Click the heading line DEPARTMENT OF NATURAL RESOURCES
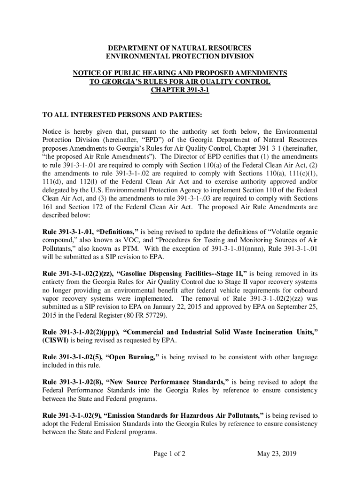pyautogui.click(x=180, y=48)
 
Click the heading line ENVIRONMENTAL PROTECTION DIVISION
pyautogui.click(x=180, y=57)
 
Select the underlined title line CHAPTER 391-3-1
pyautogui.click(x=180, y=90)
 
